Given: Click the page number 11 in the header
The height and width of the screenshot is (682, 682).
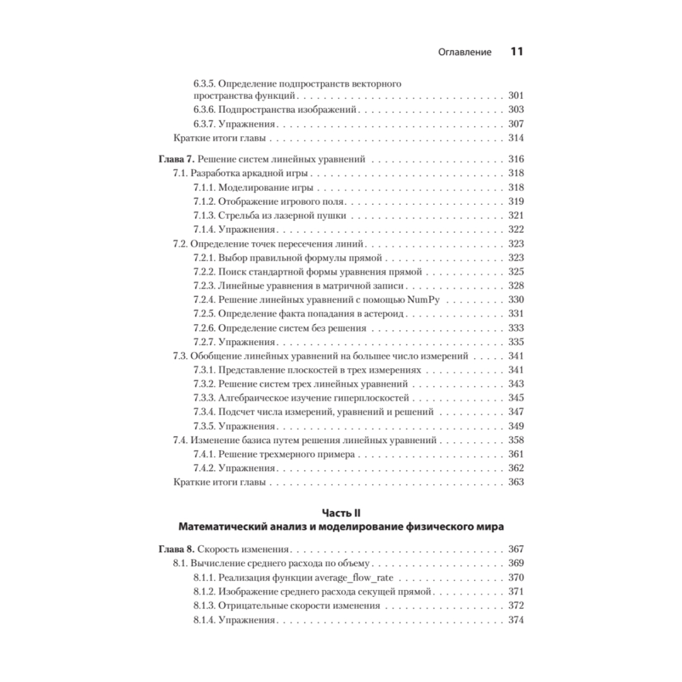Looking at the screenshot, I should point(516,52).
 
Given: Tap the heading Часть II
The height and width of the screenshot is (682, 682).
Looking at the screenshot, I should point(340,512).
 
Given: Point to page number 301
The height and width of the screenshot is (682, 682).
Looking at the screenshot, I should point(516,95).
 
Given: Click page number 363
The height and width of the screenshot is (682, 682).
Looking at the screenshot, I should point(516,482).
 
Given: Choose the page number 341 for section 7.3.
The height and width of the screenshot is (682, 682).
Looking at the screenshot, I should point(516,355).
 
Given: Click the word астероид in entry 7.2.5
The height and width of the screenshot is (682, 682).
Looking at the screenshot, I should point(384,313).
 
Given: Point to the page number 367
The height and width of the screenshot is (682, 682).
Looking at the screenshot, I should point(516,548).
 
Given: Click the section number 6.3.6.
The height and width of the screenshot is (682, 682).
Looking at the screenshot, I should point(204,109).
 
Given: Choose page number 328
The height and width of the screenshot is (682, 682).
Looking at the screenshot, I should point(516,285).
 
